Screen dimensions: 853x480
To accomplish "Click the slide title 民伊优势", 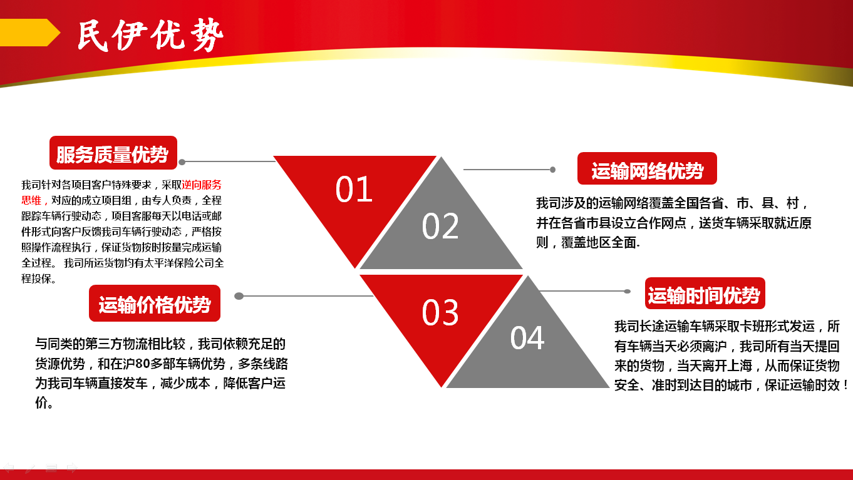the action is click(x=150, y=36).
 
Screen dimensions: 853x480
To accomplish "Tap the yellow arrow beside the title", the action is click(x=29, y=33).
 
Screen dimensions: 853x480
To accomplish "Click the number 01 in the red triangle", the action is click(x=354, y=189).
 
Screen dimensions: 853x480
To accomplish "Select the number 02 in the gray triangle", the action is click(x=440, y=226).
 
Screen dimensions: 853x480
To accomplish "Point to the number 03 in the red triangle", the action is click(x=440, y=312).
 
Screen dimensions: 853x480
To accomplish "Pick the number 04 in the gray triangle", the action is click(x=527, y=338).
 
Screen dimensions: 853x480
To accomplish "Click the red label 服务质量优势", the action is click(x=113, y=153).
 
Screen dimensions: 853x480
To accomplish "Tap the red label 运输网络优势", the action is click(x=647, y=168).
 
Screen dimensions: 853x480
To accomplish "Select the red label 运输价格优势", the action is click(x=155, y=304).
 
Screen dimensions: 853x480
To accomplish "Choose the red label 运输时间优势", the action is click(x=705, y=294).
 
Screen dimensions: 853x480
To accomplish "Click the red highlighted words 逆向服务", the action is click(x=202, y=185).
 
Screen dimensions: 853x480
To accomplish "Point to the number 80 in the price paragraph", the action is click(x=142, y=364).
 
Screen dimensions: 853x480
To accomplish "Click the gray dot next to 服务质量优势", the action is click(x=182, y=162).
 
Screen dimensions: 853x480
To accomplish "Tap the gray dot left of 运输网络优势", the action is click(x=552, y=170).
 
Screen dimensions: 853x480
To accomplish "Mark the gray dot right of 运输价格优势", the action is click(x=239, y=296).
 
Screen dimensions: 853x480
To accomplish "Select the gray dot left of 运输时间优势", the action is click(x=627, y=292).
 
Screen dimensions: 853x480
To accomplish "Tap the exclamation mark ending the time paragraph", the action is click(x=845, y=386).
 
